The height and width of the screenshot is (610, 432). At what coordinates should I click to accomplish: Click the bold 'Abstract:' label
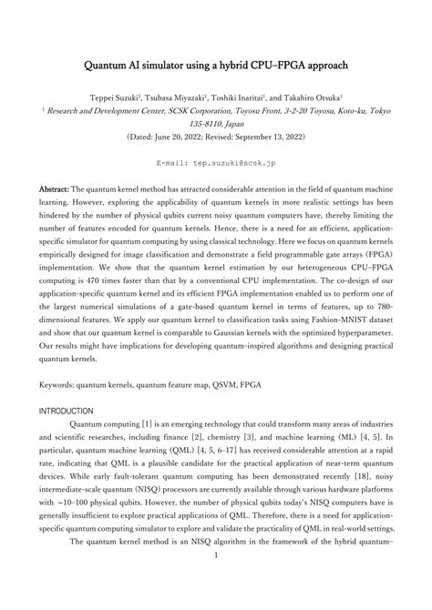coord(54,188)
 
